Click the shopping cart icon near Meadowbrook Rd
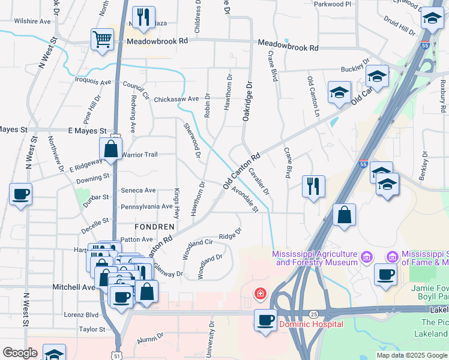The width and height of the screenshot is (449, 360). [x=102, y=40]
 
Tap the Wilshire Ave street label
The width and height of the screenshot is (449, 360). [x=32, y=21]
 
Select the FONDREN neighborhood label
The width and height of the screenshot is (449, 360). [x=154, y=227]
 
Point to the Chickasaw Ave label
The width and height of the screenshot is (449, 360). [x=176, y=99]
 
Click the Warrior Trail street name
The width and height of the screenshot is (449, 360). [x=139, y=155]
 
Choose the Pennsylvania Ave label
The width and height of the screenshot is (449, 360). [x=146, y=206]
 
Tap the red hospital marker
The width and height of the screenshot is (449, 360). [x=260, y=294]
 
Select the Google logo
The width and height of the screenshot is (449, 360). [x=20, y=353]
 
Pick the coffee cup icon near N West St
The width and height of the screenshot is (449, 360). [x=20, y=194]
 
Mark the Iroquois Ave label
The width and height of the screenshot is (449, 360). [x=93, y=81]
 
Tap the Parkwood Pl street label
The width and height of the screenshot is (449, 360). [x=331, y=4]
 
